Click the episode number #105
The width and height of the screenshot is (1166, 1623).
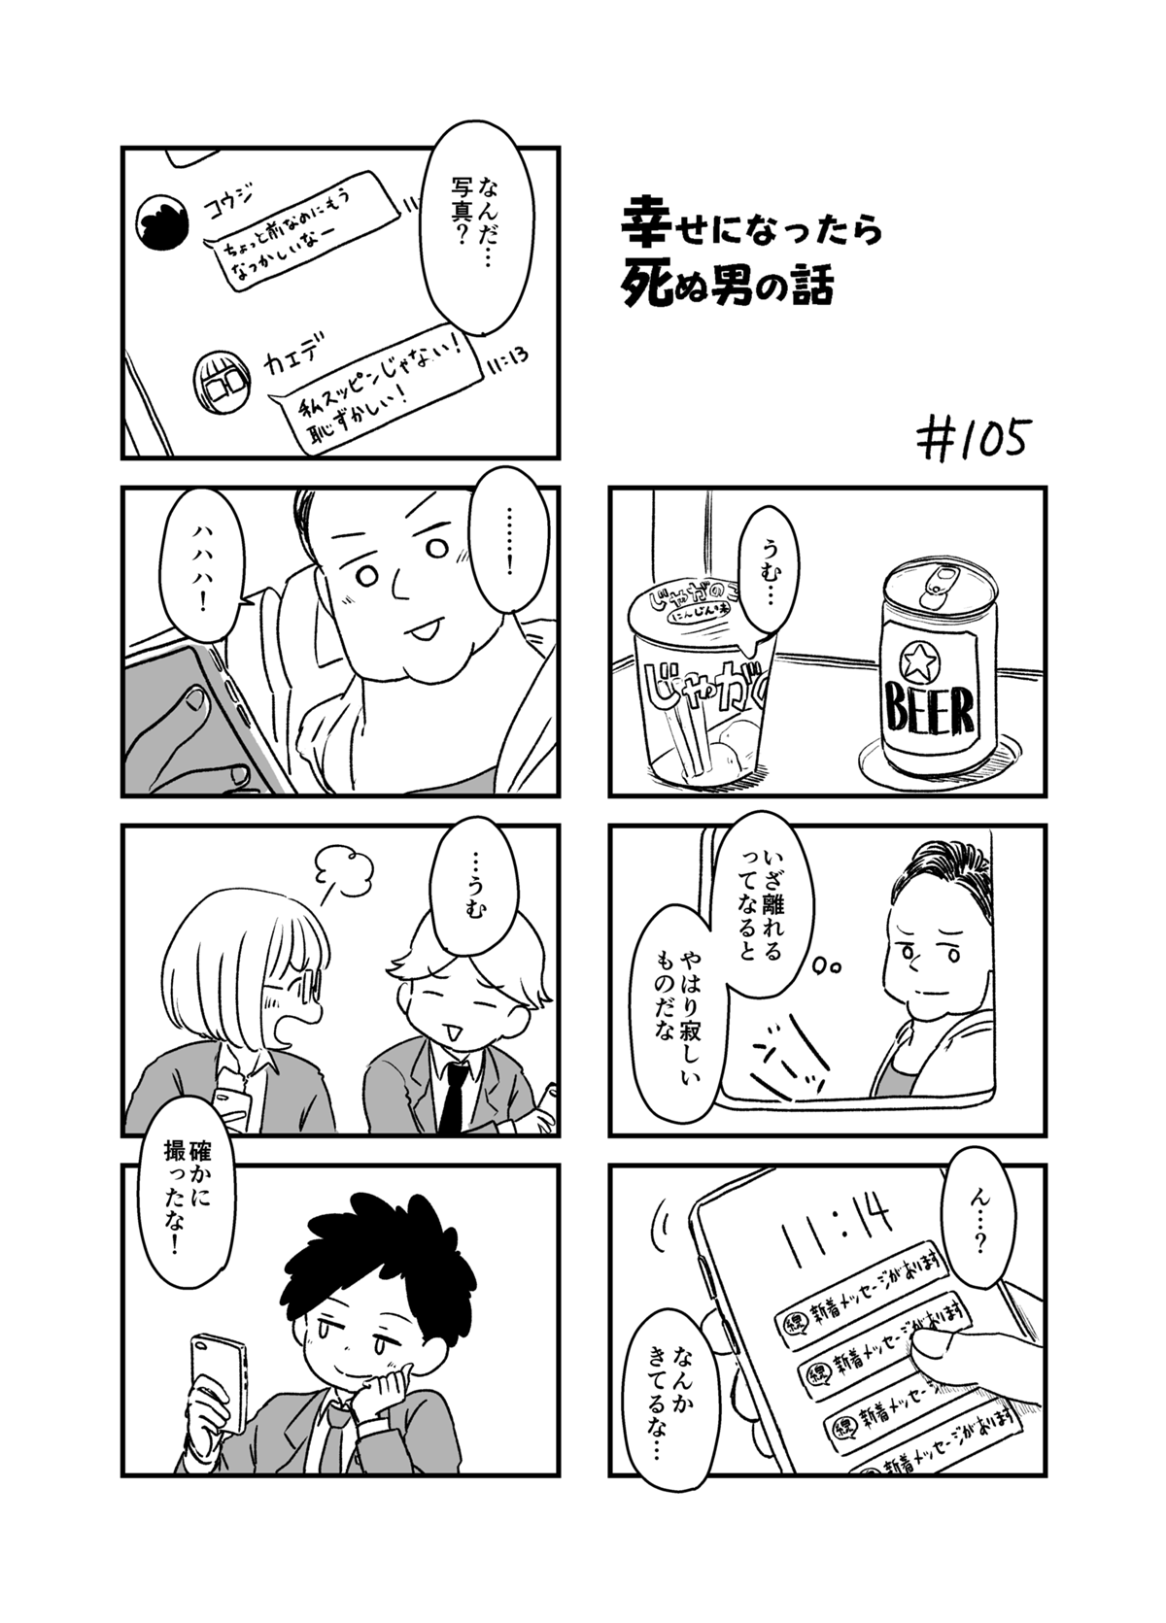click(x=971, y=440)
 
